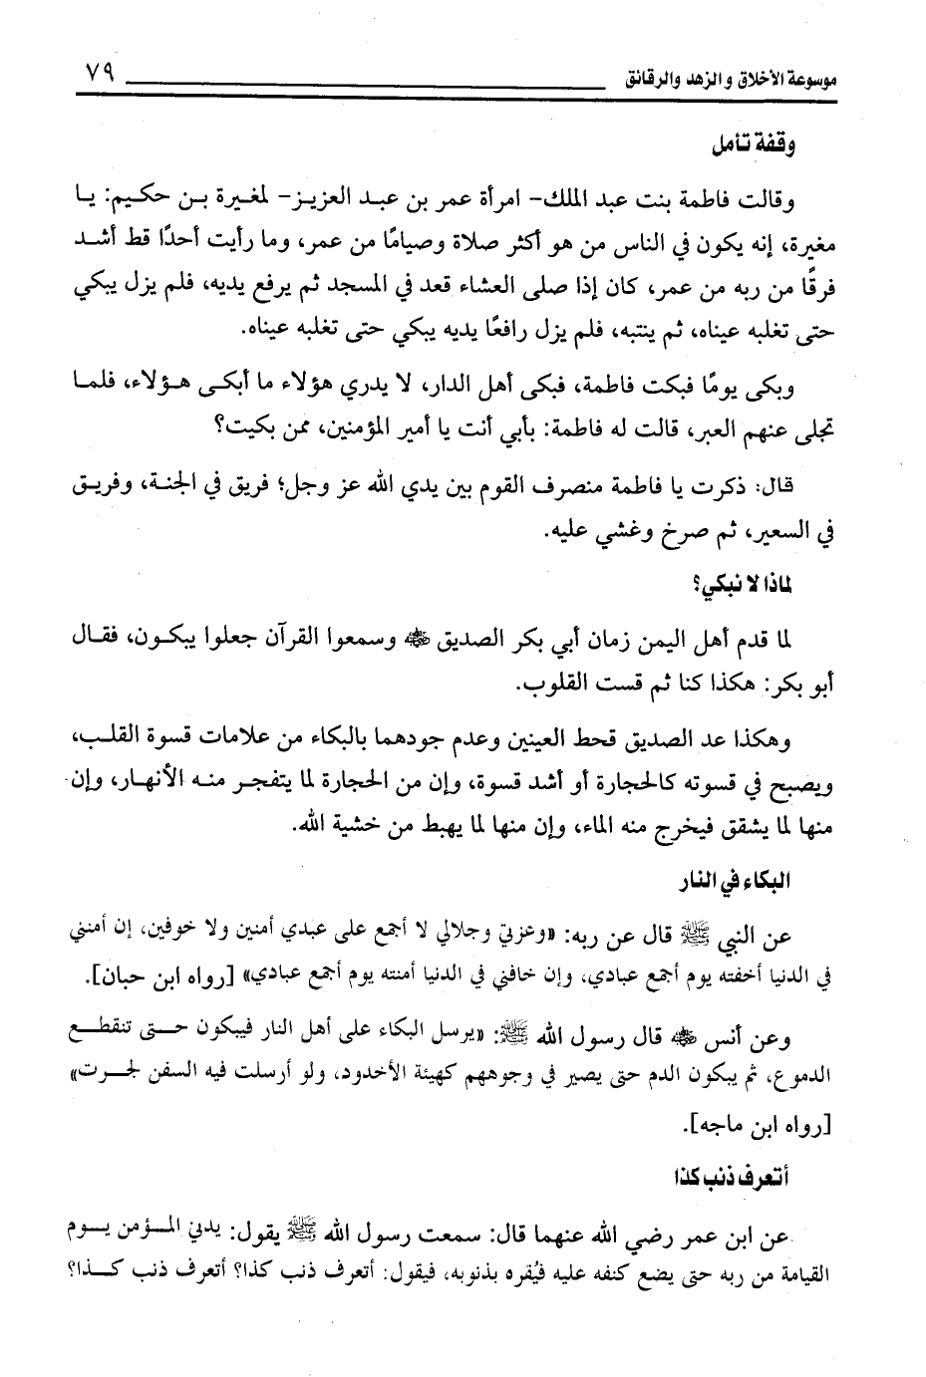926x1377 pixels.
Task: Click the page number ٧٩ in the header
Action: click(98, 75)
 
